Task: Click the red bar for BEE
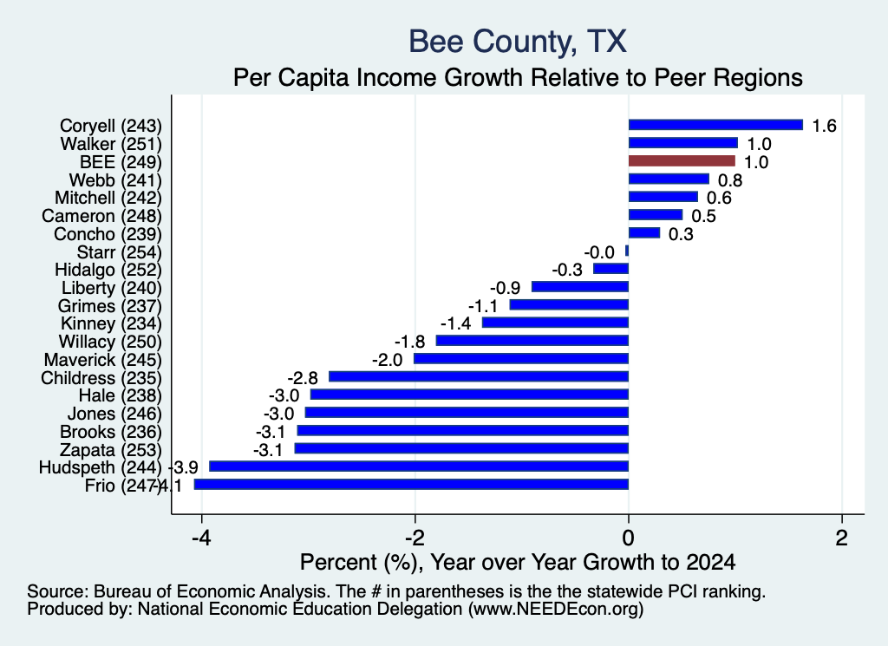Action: [682, 160]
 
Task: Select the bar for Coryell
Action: [715, 125]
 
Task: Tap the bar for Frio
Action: [411, 484]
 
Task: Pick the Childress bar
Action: [479, 376]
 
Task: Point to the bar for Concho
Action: [644, 232]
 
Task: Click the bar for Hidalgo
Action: [611, 268]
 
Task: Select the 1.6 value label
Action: [824, 126]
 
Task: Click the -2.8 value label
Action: [303, 378]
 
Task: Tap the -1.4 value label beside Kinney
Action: [456, 323]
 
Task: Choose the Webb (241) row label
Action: [115, 180]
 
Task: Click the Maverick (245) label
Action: [103, 360]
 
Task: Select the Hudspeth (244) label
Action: [101, 467]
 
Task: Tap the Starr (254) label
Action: [120, 252]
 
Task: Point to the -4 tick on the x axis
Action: [201, 538]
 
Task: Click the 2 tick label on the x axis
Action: [842, 538]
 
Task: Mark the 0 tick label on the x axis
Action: [628, 538]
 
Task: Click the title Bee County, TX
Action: [518, 42]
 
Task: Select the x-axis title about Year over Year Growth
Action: [518, 562]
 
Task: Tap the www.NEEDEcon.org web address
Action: [556, 610]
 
